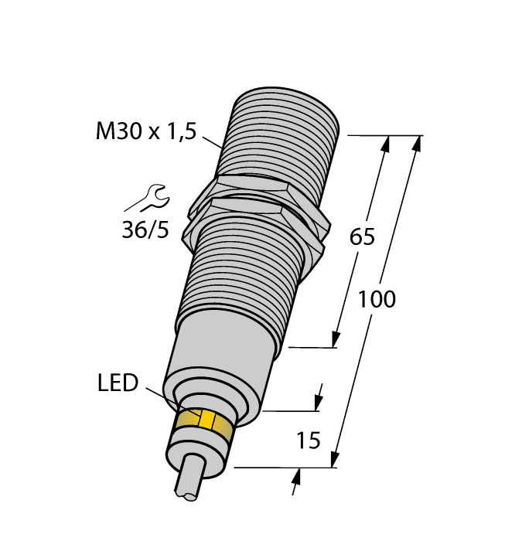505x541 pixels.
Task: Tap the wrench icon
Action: [x=146, y=199]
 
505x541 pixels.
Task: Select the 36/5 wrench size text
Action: [x=145, y=230]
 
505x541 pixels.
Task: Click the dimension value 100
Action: [x=376, y=299]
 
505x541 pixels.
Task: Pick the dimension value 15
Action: [x=309, y=441]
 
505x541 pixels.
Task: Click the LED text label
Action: [x=118, y=383]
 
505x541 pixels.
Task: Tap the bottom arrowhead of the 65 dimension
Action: [x=336, y=339]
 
